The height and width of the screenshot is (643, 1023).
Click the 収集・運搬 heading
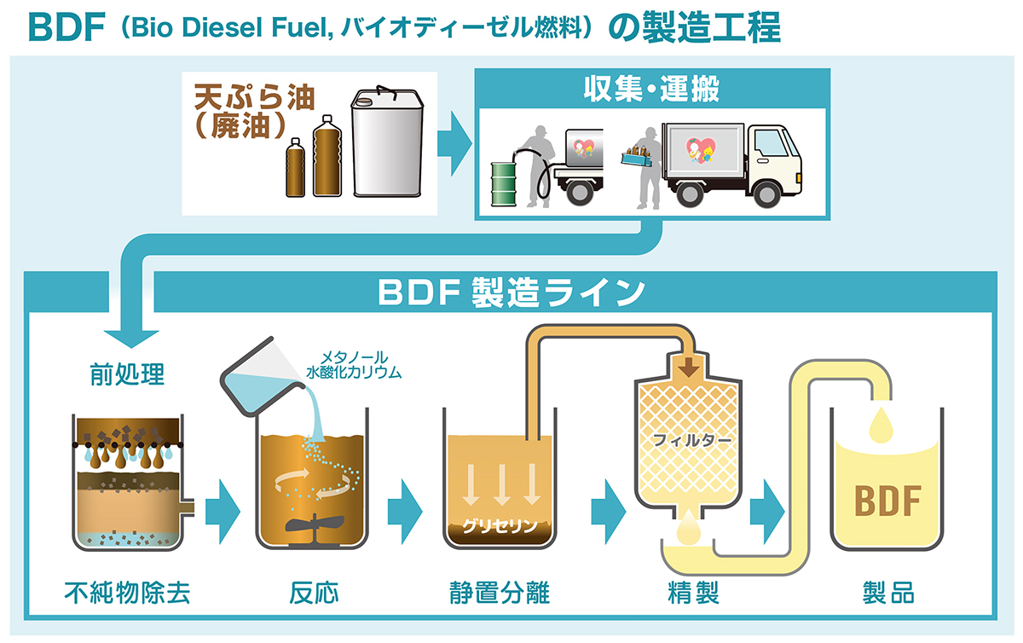(651, 87)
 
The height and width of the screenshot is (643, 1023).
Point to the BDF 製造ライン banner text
(511, 293)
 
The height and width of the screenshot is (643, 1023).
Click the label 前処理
(127, 374)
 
